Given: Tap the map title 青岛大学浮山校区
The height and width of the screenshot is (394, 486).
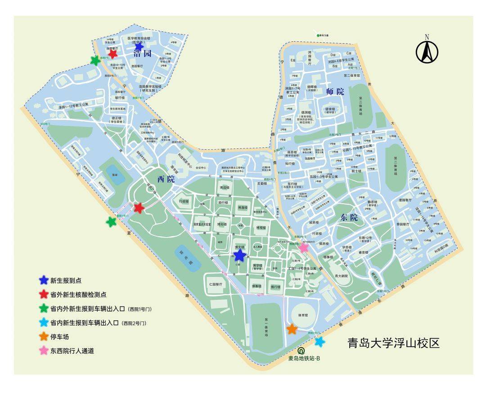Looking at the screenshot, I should coord(393,343).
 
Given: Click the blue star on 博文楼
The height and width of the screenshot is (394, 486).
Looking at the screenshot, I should coord(240,255).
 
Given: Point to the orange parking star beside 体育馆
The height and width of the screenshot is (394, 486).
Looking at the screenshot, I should coord(292,329).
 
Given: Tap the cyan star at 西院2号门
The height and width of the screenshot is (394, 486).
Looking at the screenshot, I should coord(319,342).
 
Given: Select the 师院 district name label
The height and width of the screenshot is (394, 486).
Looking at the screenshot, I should coord(335,92).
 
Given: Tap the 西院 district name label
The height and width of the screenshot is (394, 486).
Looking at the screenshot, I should coord(166,179).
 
